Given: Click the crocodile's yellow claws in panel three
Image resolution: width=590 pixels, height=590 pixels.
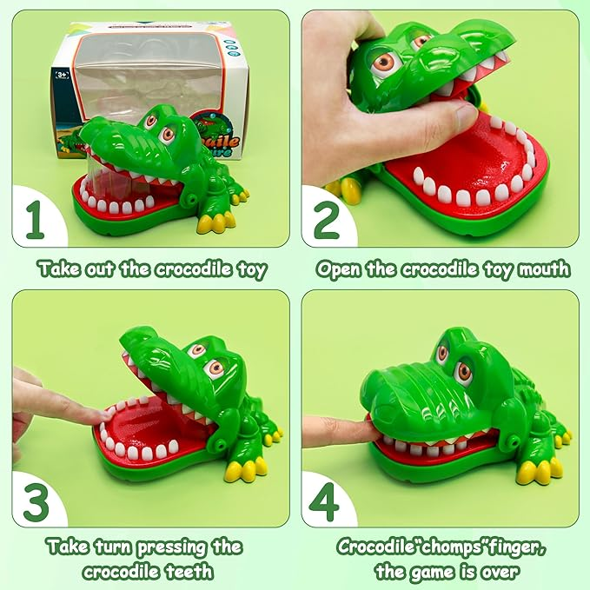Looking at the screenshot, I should (244, 470).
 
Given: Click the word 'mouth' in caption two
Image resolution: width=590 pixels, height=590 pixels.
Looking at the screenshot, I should (545, 268).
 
